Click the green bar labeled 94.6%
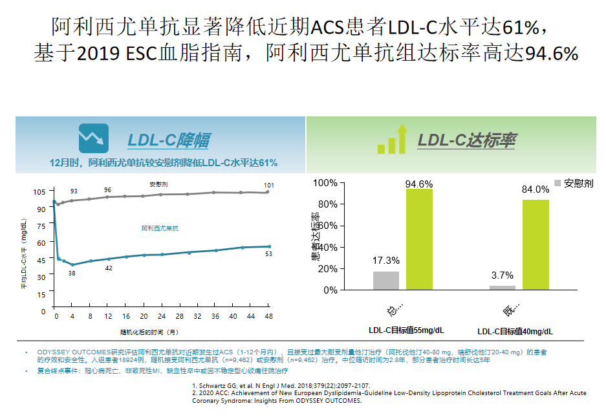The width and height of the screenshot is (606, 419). point(420,239)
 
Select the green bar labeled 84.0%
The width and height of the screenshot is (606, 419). point(536,244)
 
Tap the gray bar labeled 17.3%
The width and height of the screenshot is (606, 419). point(386,281)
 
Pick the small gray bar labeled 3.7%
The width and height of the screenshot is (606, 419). point(503,288)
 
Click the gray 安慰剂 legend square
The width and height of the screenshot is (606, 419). point(558,183)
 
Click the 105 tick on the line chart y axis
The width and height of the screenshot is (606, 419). point(39,191)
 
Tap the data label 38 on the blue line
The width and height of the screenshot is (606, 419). point(72,274)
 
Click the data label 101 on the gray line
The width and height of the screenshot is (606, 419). point(269,185)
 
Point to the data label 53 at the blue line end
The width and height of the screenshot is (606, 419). point(268,254)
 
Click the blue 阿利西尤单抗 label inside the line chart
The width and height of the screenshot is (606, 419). point(160,228)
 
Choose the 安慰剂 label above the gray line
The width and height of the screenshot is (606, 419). point(158,184)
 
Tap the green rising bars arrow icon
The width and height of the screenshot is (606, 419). point(392,139)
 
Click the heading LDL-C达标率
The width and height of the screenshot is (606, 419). point(466,140)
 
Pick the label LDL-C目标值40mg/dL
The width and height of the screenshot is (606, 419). point(515,331)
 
